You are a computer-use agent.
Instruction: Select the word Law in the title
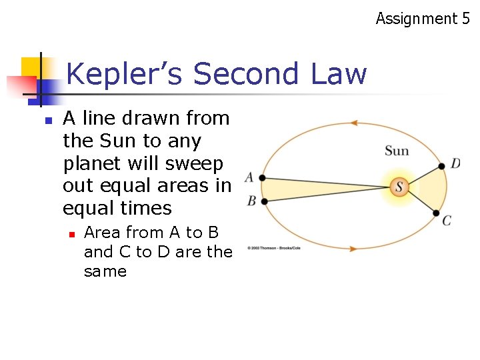(x=338, y=74)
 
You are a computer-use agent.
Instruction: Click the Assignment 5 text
(x=422, y=18)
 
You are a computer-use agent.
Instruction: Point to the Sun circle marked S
(x=399, y=187)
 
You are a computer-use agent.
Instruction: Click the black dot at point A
(x=263, y=178)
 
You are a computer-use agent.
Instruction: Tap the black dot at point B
(x=265, y=201)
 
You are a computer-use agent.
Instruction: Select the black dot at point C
(x=436, y=213)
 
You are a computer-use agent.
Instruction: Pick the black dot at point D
(x=441, y=165)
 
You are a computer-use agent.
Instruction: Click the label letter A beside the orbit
(x=249, y=177)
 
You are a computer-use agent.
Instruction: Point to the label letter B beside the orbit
(x=251, y=201)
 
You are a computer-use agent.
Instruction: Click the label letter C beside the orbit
(x=447, y=220)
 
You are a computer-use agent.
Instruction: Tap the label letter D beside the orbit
(x=455, y=163)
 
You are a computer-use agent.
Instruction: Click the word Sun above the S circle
(x=397, y=151)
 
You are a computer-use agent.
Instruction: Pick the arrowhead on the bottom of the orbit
(x=353, y=248)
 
